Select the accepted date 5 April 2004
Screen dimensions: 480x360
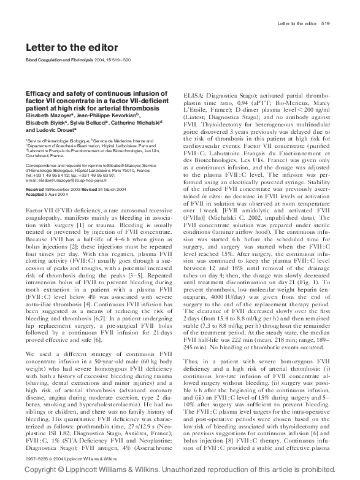tap(56, 195)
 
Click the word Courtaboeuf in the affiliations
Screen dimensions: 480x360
tap(40, 156)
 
